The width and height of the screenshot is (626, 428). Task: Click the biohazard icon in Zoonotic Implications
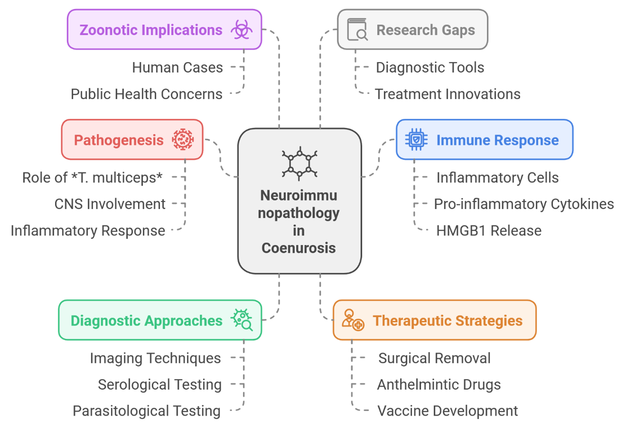click(241, 30)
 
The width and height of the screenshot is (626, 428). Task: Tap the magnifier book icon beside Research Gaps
click(357, 29)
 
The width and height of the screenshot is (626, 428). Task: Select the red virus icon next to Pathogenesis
click(183, 140)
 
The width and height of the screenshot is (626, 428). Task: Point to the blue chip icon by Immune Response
click(416, 140)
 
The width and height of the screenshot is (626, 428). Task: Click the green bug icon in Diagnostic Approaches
click(242, 320)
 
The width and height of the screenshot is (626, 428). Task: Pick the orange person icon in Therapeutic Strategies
click(353, 320)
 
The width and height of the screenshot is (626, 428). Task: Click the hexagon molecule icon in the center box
click(299, 164)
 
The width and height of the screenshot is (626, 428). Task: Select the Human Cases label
click(177, 67)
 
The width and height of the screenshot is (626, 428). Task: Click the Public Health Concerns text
click(147, 94)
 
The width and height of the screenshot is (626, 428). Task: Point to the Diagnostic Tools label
click(430, 67)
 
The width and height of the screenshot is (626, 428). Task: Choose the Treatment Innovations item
click(447, 94)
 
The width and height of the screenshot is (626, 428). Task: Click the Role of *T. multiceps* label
click(92, 177)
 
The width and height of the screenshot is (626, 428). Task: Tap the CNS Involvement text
click(110, 204)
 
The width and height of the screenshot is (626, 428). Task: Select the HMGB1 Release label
click(488, 230)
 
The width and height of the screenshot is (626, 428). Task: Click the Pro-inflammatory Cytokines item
click(524, 204)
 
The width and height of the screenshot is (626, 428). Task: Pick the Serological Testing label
click(160, 384)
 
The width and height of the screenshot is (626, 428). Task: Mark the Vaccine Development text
click(447, 411)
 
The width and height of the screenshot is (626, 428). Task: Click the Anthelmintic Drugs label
click(439, 384)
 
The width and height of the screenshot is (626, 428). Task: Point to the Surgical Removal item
click(434, 358)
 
